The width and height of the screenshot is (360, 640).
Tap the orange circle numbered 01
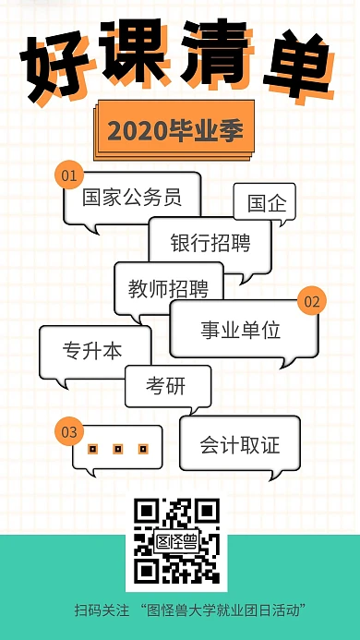(68, 175)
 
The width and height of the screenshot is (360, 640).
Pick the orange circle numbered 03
(68, 431)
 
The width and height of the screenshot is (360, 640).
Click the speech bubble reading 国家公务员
(131, 197)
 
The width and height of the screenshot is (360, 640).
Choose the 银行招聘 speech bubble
(210, 243)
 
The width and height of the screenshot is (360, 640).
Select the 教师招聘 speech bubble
(168, 288)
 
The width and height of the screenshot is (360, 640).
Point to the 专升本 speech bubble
(93, 351)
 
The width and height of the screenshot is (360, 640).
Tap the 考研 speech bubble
(167, 386)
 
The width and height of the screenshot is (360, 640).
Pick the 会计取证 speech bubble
(240, 445)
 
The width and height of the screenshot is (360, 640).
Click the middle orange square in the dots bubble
(117, 449)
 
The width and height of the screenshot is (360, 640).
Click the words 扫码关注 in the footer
(102, 610)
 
